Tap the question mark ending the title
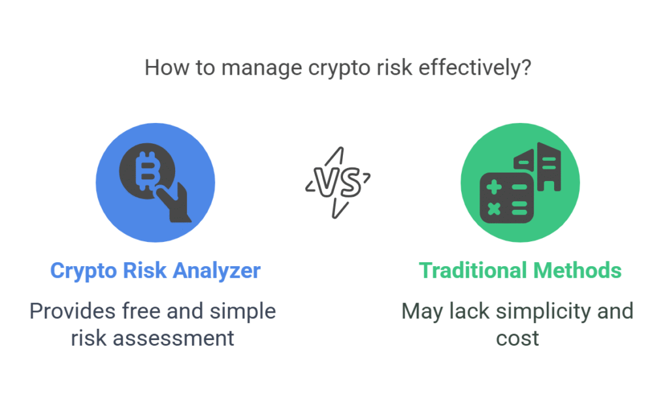(526, 67)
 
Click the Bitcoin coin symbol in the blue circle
(147, 171)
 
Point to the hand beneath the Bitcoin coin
(174, 203)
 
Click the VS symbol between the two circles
(338, 182)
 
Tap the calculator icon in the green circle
(506, 197)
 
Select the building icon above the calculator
(538, 167)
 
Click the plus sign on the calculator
(494, 187)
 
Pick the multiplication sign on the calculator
(494, 209)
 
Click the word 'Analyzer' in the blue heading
(217, 271)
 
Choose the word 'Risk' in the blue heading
(144, 270)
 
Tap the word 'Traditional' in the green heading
(473, 270)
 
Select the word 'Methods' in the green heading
(578, 270)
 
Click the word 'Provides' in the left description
(73, 311)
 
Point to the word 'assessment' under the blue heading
(173, 339)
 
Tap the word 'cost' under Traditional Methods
(517, 339)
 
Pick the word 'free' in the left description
(142, 311)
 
